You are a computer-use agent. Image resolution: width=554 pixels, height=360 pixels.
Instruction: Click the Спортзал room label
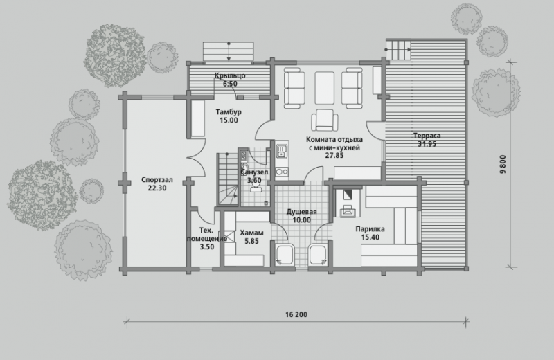pyautogui.click(x=157, y=180)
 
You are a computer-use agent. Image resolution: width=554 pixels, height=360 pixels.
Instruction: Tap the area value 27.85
pyautogui.click(x=334, y=156)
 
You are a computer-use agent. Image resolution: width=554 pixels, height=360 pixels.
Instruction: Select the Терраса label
pyautogui.click(x=427, y=136)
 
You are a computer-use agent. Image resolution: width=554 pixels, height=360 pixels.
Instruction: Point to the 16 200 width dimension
pyautogui.click(x=296, y=314)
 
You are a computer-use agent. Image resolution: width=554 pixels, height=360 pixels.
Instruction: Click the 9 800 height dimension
pyautogui.click(x=503, y=164)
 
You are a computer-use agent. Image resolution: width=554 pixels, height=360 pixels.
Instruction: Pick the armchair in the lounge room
pyautogui.click(x=324, y=120)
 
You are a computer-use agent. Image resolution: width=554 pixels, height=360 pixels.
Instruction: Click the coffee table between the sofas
pyautogui.click(x=324, y=89)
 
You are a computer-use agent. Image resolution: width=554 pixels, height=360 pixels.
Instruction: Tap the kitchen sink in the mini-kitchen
pyautogui.click(x=282, y=151)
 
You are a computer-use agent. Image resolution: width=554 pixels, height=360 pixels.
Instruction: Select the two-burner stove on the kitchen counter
pyautogui.click(x=282, y=172)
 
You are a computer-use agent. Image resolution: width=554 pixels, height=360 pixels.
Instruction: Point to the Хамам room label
pyautogui.click(x=251, y=233)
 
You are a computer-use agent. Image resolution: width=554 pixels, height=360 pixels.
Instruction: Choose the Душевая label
pyautogui.click(x=301, y=212)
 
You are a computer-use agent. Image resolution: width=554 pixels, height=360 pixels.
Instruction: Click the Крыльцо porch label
pyautogui.click(x=230, y=75)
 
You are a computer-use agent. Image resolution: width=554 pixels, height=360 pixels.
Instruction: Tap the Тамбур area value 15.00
pyautogui.click(x=229, y=120)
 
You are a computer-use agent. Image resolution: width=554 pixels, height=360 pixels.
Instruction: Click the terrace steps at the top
pyautogui.click(x=398, y=50)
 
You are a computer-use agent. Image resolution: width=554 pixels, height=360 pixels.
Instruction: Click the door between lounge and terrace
pyautogui.click(x=375, y=132)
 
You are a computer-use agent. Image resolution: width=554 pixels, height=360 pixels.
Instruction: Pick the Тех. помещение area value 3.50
pyautogui.click(x=207, y=247)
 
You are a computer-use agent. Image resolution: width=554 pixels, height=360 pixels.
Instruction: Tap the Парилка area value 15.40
pyautogui.click(x=370, y=237)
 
